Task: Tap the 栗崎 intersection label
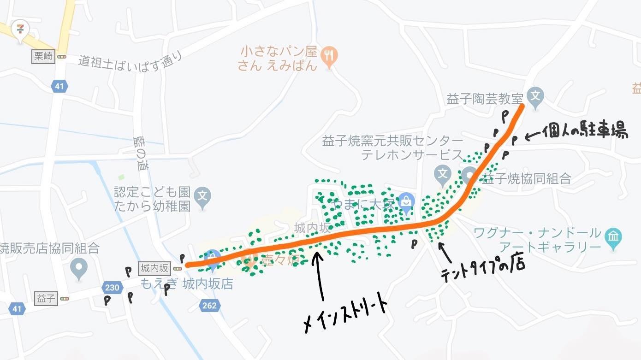click(43, 57)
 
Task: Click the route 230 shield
click(112, 288)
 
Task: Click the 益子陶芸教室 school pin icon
click(535, 96)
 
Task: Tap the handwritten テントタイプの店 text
click(482, 271)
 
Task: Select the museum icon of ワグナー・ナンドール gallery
click(613, 237)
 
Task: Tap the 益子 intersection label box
click(45, 299)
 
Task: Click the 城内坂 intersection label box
click(154, 268)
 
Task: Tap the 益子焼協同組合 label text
click(525, 178)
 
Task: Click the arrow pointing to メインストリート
click(319, 276)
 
